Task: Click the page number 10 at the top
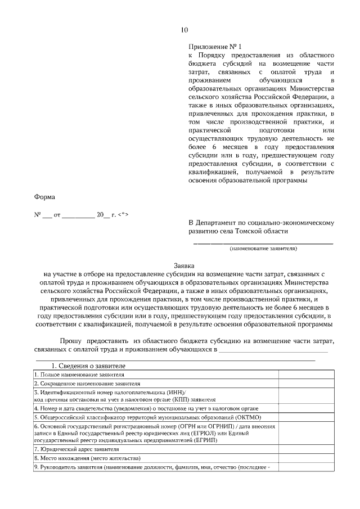pyautogui.click(x=184, y=30)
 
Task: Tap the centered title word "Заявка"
pyautogui.click(x=184, y=265)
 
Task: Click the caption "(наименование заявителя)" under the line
pyautogui.click(x=263, y=248)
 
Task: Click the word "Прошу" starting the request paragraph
pyautogui.click(x=71, y=341)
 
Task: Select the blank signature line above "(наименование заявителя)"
pyautogui.click(x=263, y=242)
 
